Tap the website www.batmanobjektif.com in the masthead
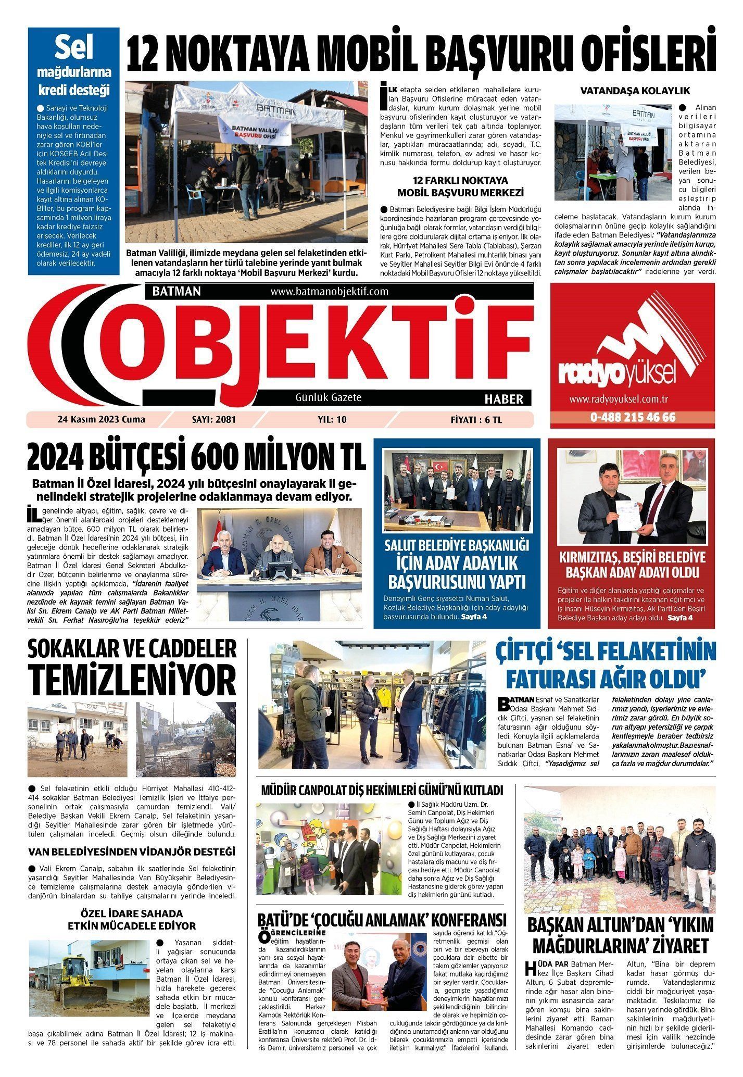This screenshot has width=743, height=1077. [329, 291]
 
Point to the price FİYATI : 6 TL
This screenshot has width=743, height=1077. [476, 420]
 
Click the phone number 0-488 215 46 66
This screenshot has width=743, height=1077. [633, 417]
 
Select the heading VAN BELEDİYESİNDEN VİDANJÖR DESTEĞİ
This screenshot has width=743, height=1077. [132, 852]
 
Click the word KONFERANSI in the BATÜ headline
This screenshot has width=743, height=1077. [460, 920]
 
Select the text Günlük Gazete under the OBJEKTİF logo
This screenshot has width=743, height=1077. [329, 397]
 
